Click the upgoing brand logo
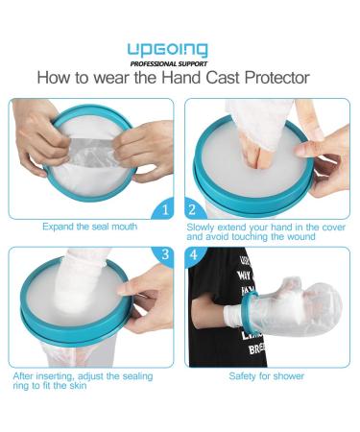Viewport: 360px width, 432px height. click(180, 49)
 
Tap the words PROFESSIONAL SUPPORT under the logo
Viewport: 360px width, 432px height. click(180, 62)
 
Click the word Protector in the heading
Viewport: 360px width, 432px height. click(276, 78)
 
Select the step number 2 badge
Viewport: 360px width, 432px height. click(194, 206)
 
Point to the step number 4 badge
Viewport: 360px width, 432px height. click(193, 256)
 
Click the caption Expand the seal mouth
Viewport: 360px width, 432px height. click(90, 227)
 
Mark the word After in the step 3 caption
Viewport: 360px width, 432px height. click(25, 377)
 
